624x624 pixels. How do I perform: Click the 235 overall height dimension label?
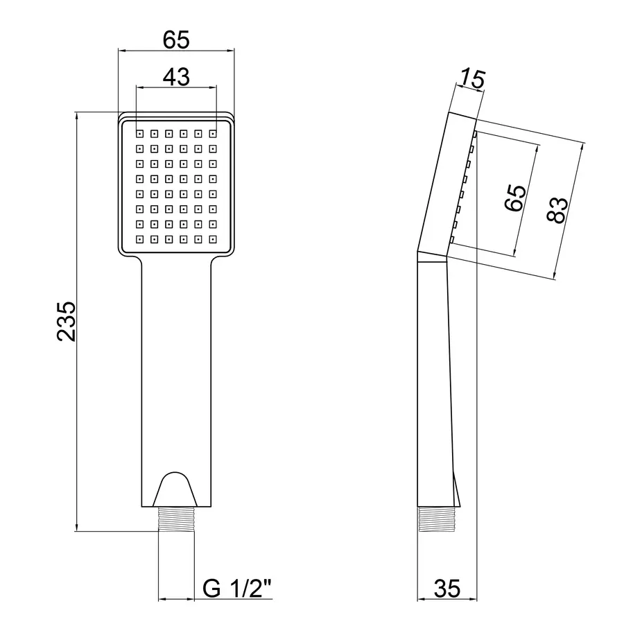click(66, 322)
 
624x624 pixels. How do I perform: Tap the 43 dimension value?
click(176, 77)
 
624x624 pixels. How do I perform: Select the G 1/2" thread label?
click(237, 588)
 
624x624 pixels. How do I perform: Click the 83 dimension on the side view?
click(557, 209)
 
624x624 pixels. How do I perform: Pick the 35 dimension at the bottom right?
click(447, 588)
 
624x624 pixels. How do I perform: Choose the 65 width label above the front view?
click(176, 40)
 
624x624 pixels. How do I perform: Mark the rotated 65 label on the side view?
click(515, 198)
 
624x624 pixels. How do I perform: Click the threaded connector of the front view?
click(176, 519)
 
